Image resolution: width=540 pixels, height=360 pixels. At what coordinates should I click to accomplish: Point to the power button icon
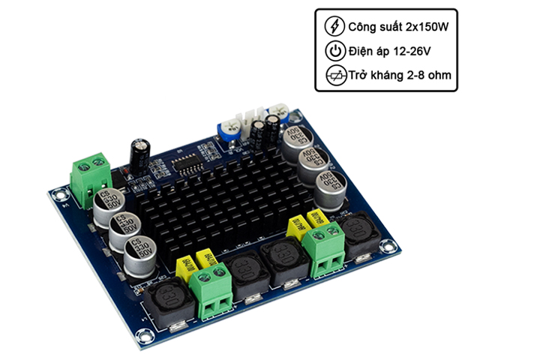tap(334, 52)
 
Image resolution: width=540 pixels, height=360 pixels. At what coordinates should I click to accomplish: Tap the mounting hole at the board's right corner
tap(386, 245)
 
